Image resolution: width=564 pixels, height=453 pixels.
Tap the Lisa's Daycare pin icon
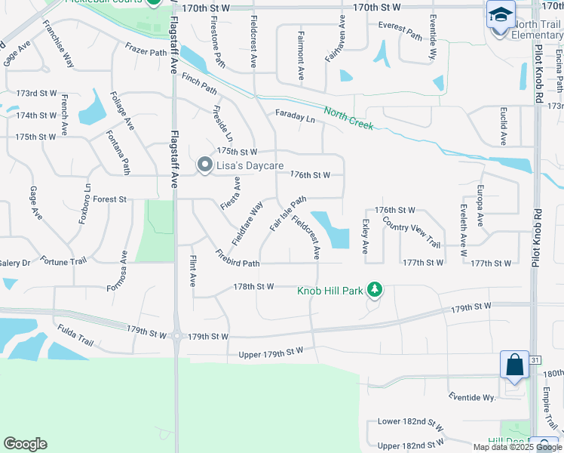tap(204, 165)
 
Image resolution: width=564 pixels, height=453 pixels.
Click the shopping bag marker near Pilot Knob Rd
tap(515, 365)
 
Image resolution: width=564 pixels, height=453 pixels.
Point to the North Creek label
tap(348, 117)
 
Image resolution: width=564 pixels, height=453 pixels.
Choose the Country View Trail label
tap(410, 232)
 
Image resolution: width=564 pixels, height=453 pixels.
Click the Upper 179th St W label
tap(270, 353)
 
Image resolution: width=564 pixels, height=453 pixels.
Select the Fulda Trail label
tap(75, 336)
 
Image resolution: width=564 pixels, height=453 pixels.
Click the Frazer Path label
tap(146, 52)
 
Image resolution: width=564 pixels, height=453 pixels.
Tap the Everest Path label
tap(400, 31)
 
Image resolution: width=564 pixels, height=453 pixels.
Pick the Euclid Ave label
tap(503, 125)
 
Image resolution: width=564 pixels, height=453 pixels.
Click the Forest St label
tap(109, 199)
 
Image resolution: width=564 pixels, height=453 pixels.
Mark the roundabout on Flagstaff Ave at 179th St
tap(176, 336)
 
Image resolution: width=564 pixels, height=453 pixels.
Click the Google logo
tap(25, 444)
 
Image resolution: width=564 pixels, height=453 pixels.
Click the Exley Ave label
tap(366, 237)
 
